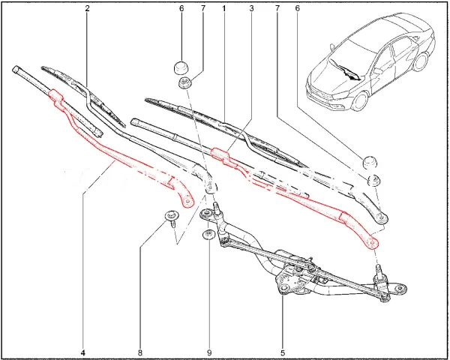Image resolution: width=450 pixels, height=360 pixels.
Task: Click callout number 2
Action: pyautogui.click(x=87, y=8)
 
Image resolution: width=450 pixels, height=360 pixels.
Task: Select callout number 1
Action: pyautogui.click(x=223, y=8)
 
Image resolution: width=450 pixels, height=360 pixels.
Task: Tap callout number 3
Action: pyautogui.click(x=251, y=8)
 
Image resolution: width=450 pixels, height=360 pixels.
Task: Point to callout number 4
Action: pyautogui.click(x=83, y=352)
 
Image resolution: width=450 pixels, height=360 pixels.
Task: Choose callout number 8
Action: pyautogui.click(x=139, y=352)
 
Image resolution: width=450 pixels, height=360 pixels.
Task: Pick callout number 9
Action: pyautogui.click(x=209, y=352)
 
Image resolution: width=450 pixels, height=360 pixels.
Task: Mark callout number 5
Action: pyautogui.click(x=283, y=352)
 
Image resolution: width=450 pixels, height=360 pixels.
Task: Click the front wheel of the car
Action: pyautogui.click(x=360, y=101)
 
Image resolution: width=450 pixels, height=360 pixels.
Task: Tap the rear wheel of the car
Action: pyautogui.click(x=420, y=61)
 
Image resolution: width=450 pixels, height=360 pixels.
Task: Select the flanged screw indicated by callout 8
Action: pyautogui.click(x=172, y=218)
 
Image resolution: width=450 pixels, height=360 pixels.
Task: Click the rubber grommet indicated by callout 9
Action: pyautogui.click(x=208, y=234)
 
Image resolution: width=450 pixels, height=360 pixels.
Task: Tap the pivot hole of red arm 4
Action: pyautogui.click(x=187, y=202)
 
